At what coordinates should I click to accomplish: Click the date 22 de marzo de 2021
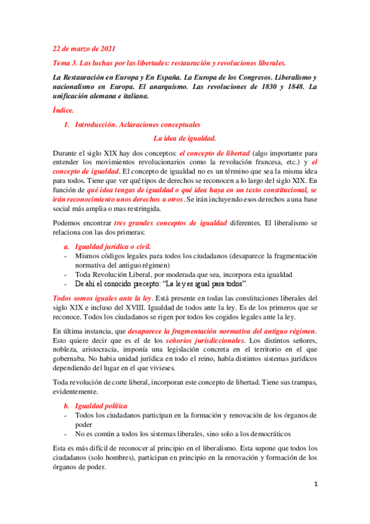click(x=83, y=48)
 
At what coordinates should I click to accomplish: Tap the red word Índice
click(x=63, y=109)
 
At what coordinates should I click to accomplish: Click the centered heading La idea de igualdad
click(x=185, y=138)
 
